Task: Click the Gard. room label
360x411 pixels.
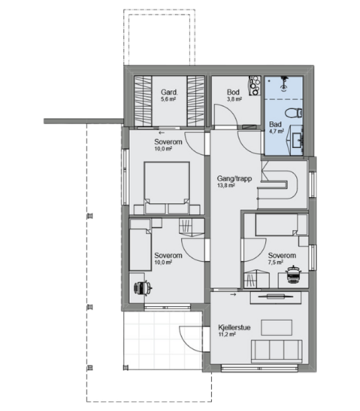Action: tap(169, 92)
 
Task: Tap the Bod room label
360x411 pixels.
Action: tap(233, 92)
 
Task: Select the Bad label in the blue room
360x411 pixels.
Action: tap(275, 124)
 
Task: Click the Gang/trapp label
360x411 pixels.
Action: tap(235, 178)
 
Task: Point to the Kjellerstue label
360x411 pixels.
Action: tap(235, 327)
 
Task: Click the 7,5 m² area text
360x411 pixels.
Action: tap(276, 263)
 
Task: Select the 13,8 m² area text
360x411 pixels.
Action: tap(226, 185)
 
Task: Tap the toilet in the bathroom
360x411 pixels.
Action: tap(294, 113)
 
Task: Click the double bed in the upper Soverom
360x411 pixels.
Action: tap(167, 188)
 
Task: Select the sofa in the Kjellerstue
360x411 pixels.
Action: tap(277, 351)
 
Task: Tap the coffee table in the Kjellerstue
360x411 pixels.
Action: tap(277, 327)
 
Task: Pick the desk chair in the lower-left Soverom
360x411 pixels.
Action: tap(143, 288)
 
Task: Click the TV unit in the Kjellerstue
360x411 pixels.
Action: tap(276, 297)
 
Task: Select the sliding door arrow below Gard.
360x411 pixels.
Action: tap(161, 133)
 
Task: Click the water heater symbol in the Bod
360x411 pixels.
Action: tap(255, 85)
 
